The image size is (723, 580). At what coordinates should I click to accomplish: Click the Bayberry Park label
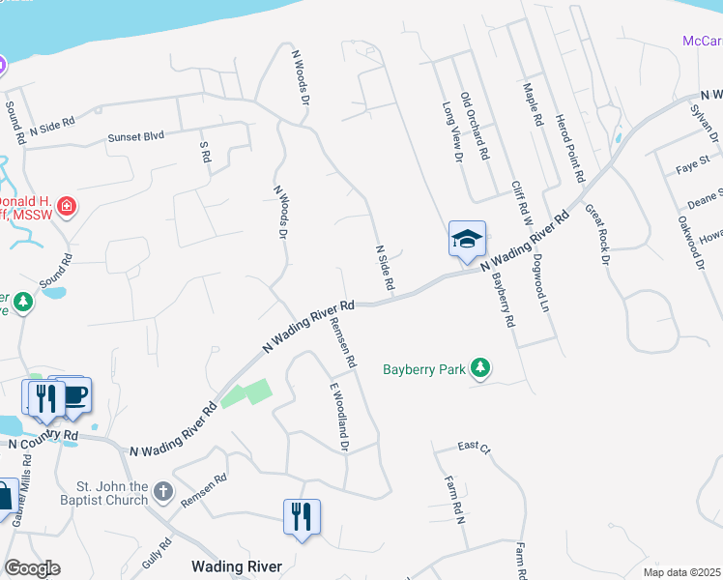pyautogui.click(x=423, y=369)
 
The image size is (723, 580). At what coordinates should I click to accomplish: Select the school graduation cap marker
pyautogui.click(x=466, y=239)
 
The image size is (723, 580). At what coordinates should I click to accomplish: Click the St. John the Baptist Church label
pyautogui.click(x=113, y=493)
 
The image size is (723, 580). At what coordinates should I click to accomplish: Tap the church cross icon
pyautogui.click(x=163, y=492)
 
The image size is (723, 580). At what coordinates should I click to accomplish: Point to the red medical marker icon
pyautogui.click(x=67, y=206)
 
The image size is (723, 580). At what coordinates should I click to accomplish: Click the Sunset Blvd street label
pyautogui.click(x=137, y=137)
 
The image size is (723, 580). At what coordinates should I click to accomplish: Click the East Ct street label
pyautogui.click(x=475, y=447)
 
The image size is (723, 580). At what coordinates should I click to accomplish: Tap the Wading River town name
pyautogui.click(x=236, y=566)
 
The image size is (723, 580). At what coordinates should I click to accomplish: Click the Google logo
pyautogui.click(x=32, y=568)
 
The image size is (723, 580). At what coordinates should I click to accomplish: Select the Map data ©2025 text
pyautogui.click(x=681, y=572)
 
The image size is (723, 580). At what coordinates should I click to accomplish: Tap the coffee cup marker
pyautogui.click(x=74, y=395)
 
